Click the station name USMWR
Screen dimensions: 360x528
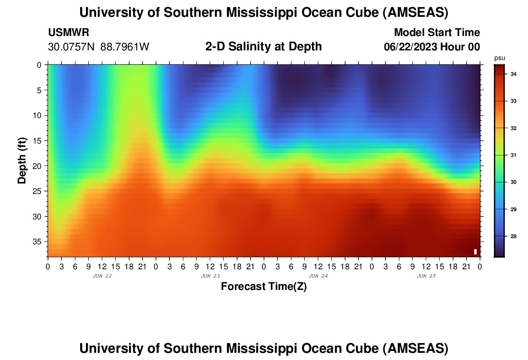click(69, 33)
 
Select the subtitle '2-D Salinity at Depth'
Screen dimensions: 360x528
click(264, 47)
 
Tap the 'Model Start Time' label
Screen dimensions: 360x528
click(437, 33)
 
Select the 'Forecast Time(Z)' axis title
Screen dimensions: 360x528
click(264, 287)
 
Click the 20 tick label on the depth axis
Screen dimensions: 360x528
click(38, 166)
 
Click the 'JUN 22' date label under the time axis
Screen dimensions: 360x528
click(102, 276)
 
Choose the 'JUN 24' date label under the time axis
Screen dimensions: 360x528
click(318, 276)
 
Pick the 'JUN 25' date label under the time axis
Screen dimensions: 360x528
click(426, 276)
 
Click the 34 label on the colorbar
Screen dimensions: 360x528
click(513, 74)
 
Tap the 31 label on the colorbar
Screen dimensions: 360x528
click(513, 155)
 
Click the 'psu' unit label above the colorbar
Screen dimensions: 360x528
click(499, 58)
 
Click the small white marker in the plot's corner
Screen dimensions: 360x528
click(475, 251)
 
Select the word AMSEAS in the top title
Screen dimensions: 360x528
click(415, 13)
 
